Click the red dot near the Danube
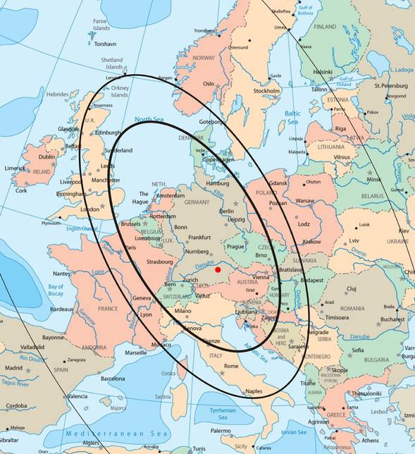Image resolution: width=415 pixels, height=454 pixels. pos(218,269)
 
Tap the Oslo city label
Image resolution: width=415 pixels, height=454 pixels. pos(208,83)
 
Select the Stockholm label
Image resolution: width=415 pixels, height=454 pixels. pos(266,91)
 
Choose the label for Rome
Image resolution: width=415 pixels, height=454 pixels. pos(231,366)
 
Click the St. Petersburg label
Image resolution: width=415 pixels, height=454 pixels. pos(391,86)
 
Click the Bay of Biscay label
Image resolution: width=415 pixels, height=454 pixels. pos(56,290)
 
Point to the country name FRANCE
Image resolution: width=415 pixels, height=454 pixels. pos(107,309)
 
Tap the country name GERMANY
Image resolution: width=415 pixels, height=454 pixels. pos(197,202)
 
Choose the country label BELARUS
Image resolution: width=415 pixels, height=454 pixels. pos(372,195)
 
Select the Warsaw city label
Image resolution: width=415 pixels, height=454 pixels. pos(305,201)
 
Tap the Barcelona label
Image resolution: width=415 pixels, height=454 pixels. pos(112,379)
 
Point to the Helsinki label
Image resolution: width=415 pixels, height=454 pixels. pos(323,72)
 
